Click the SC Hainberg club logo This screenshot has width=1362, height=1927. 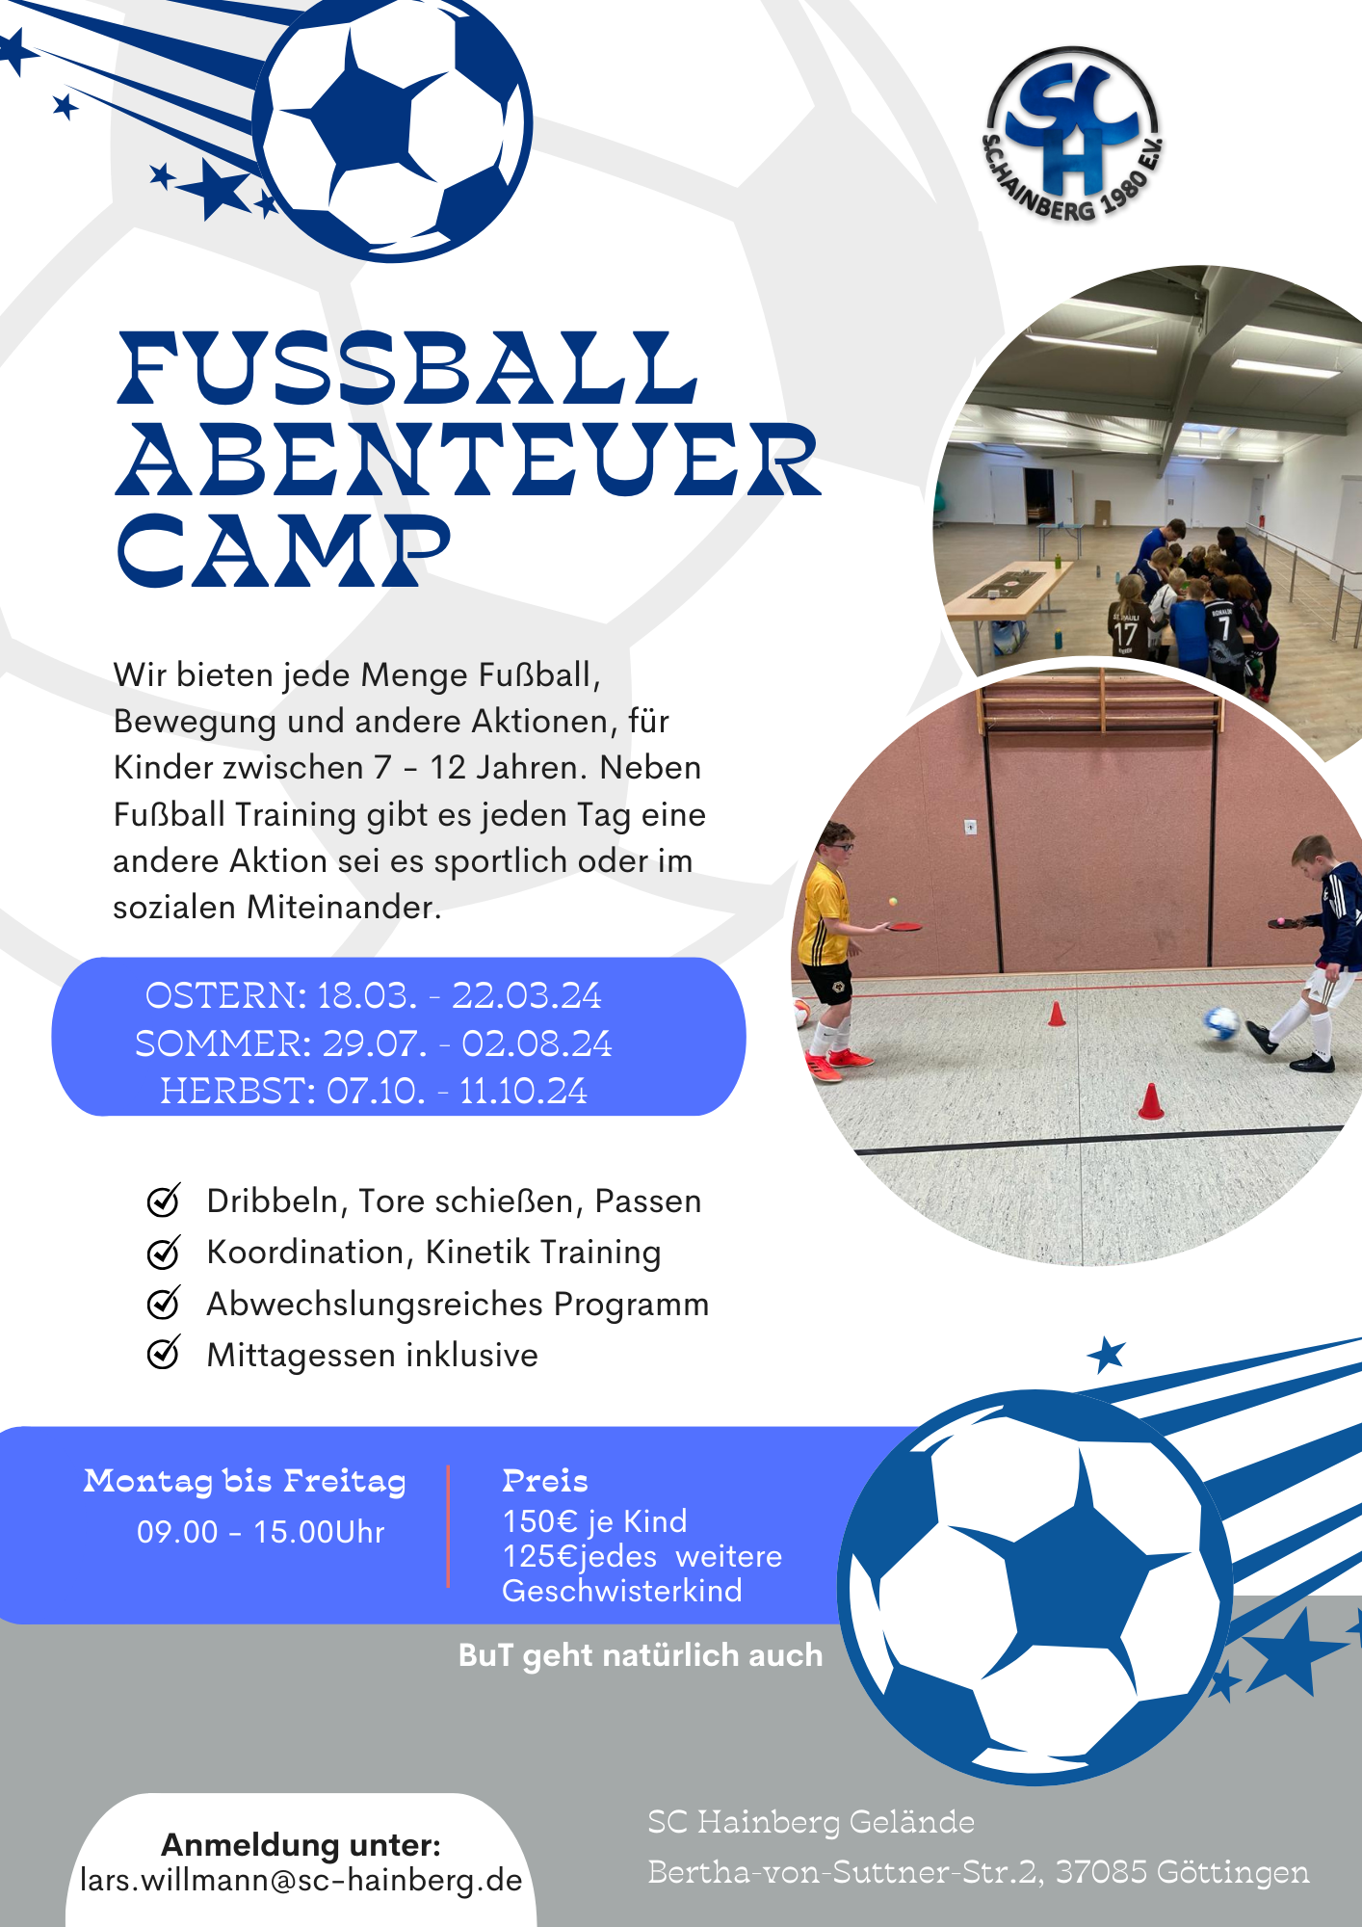(1073, 135)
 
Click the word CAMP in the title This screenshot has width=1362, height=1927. (283, 550)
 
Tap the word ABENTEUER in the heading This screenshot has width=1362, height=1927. (469, 460)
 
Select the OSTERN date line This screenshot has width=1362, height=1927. (373, 995)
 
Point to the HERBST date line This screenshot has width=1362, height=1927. (374, 1091)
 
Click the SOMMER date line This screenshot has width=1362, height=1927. (374, 1043)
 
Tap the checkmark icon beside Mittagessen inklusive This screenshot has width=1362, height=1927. (164, 1353)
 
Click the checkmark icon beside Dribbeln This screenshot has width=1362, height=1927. (164, 1200)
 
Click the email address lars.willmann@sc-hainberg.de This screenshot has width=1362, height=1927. (301, 1880)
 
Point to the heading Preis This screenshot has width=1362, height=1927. (545, 1481)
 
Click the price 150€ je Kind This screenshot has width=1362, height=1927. (595, 1521)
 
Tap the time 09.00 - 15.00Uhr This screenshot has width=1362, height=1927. (261, 1532)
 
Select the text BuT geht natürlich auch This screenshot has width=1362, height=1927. (641, 1655)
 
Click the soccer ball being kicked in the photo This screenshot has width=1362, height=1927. (1221, 1022)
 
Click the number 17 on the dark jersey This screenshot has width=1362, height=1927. (1125, 634)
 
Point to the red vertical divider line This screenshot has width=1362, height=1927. (448, 1526)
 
